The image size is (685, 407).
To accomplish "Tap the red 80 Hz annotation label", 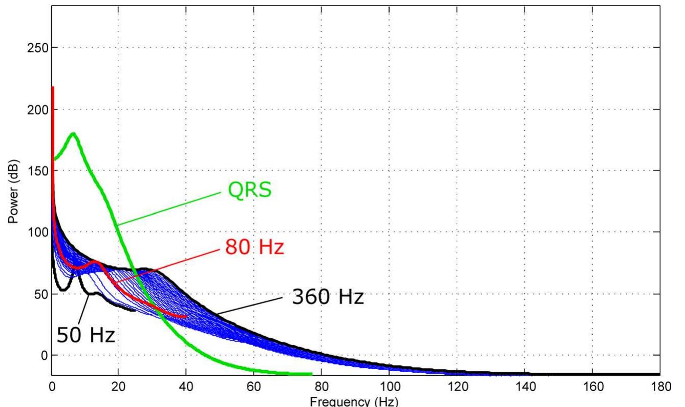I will (x=254, y=248).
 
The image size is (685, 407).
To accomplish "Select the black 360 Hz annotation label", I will (x=328, y=297).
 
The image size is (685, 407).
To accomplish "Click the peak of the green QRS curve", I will (x=74, y=134).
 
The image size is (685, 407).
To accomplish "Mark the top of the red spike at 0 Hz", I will (x=52, y=88).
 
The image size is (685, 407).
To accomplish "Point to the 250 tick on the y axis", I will (x=36, y=48).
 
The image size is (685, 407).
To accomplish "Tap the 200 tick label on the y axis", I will (x=36, y=110).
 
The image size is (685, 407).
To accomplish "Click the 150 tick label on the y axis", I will (x=36, y=171).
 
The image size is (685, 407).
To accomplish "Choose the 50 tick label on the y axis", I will (x=39, y=294).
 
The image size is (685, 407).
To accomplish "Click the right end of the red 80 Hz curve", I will (x=186, y=316).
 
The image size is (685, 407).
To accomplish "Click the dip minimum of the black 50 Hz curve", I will (x=62, y=290).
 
